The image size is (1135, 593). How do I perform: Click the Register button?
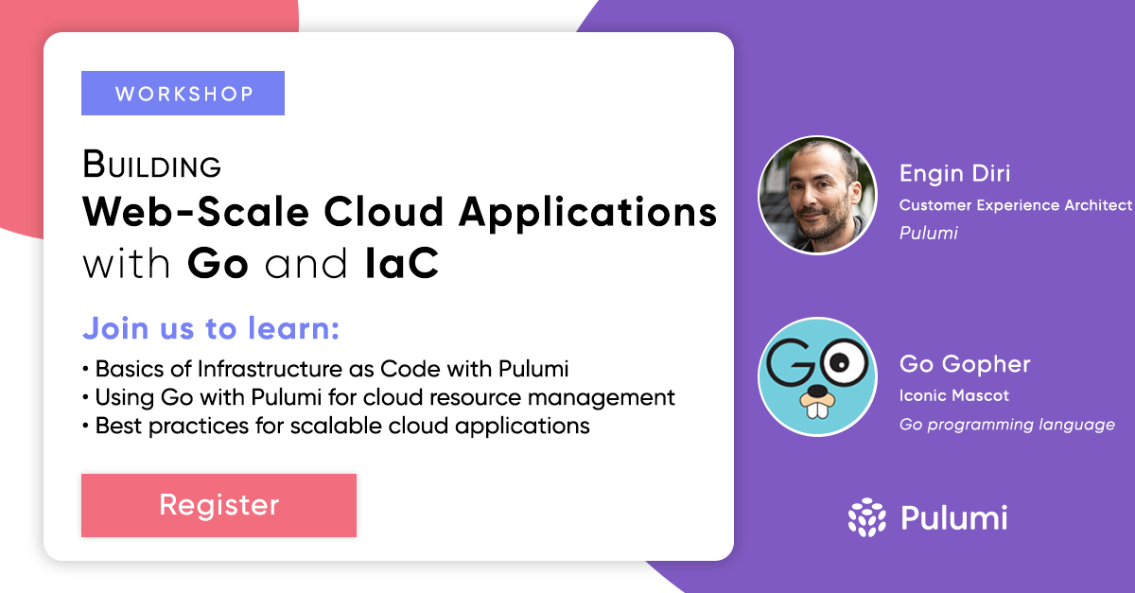pos(218,505)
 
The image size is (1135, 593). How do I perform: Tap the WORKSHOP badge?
pos(183,94)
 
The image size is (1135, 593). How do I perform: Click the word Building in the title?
pos(151,166)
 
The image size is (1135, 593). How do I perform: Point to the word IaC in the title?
pos(402,264)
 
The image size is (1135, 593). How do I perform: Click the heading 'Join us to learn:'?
pos(211,329)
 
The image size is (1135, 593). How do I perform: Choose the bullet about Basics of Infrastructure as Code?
pos(332,368)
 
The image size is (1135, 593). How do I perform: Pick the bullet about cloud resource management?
pos(378,396)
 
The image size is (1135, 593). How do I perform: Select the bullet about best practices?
pos(337,426)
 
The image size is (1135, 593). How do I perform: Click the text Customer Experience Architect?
pos(1015,204)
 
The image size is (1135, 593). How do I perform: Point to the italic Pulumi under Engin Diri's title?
pos(928,233)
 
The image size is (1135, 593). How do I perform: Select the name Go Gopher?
pos(964,364)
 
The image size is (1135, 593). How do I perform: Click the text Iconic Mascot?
pos(953,395)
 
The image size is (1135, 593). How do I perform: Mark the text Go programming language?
pos(1006,425)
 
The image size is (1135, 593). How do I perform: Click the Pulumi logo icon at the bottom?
pos(866,518)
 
